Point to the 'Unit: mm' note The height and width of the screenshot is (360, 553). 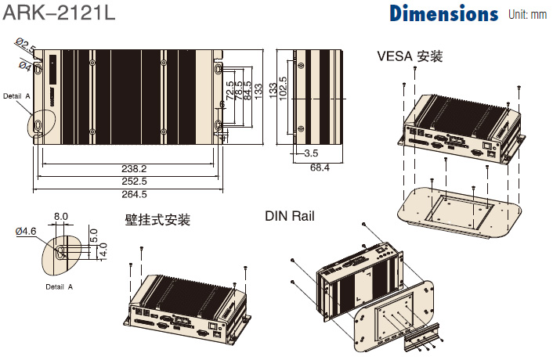click(x=528, y=14)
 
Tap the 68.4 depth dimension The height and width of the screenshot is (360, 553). click(x=320, y=167)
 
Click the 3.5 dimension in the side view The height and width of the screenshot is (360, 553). click(x=311, y=153)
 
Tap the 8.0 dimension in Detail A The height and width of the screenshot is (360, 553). click(x=61, y=217)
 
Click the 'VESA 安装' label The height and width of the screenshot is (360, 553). click(x=410, y=56)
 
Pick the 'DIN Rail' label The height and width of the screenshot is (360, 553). click(x=289, y=216)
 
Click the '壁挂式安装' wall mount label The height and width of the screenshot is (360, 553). click(x=157, y=220)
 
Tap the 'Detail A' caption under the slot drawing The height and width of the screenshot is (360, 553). click(x=59, y=287)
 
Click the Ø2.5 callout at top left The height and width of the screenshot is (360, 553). click(x=27, y=46)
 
